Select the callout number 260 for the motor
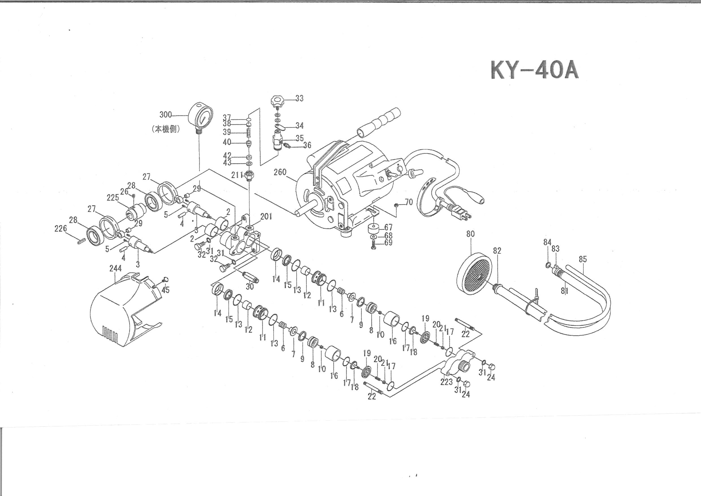click(x=280, y=172)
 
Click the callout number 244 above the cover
click(x=115, y=268)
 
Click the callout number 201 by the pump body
click(x=266, y=217)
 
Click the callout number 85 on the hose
click(x=583, y=259)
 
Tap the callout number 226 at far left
click(x=60, y=228)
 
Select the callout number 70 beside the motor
click(x=409, y=202)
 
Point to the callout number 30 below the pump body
click(x=250, y=286)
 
